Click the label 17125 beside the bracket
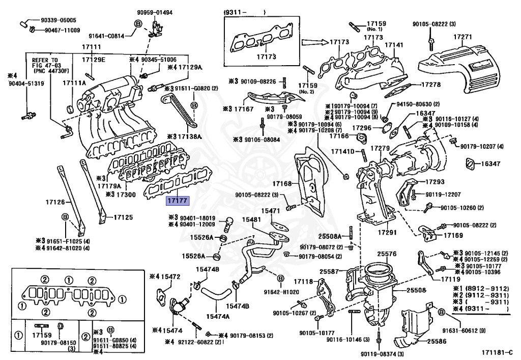(x=123, y=217)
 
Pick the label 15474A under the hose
(x=218, y=317)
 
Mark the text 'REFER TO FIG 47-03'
(x=47, y=63)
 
